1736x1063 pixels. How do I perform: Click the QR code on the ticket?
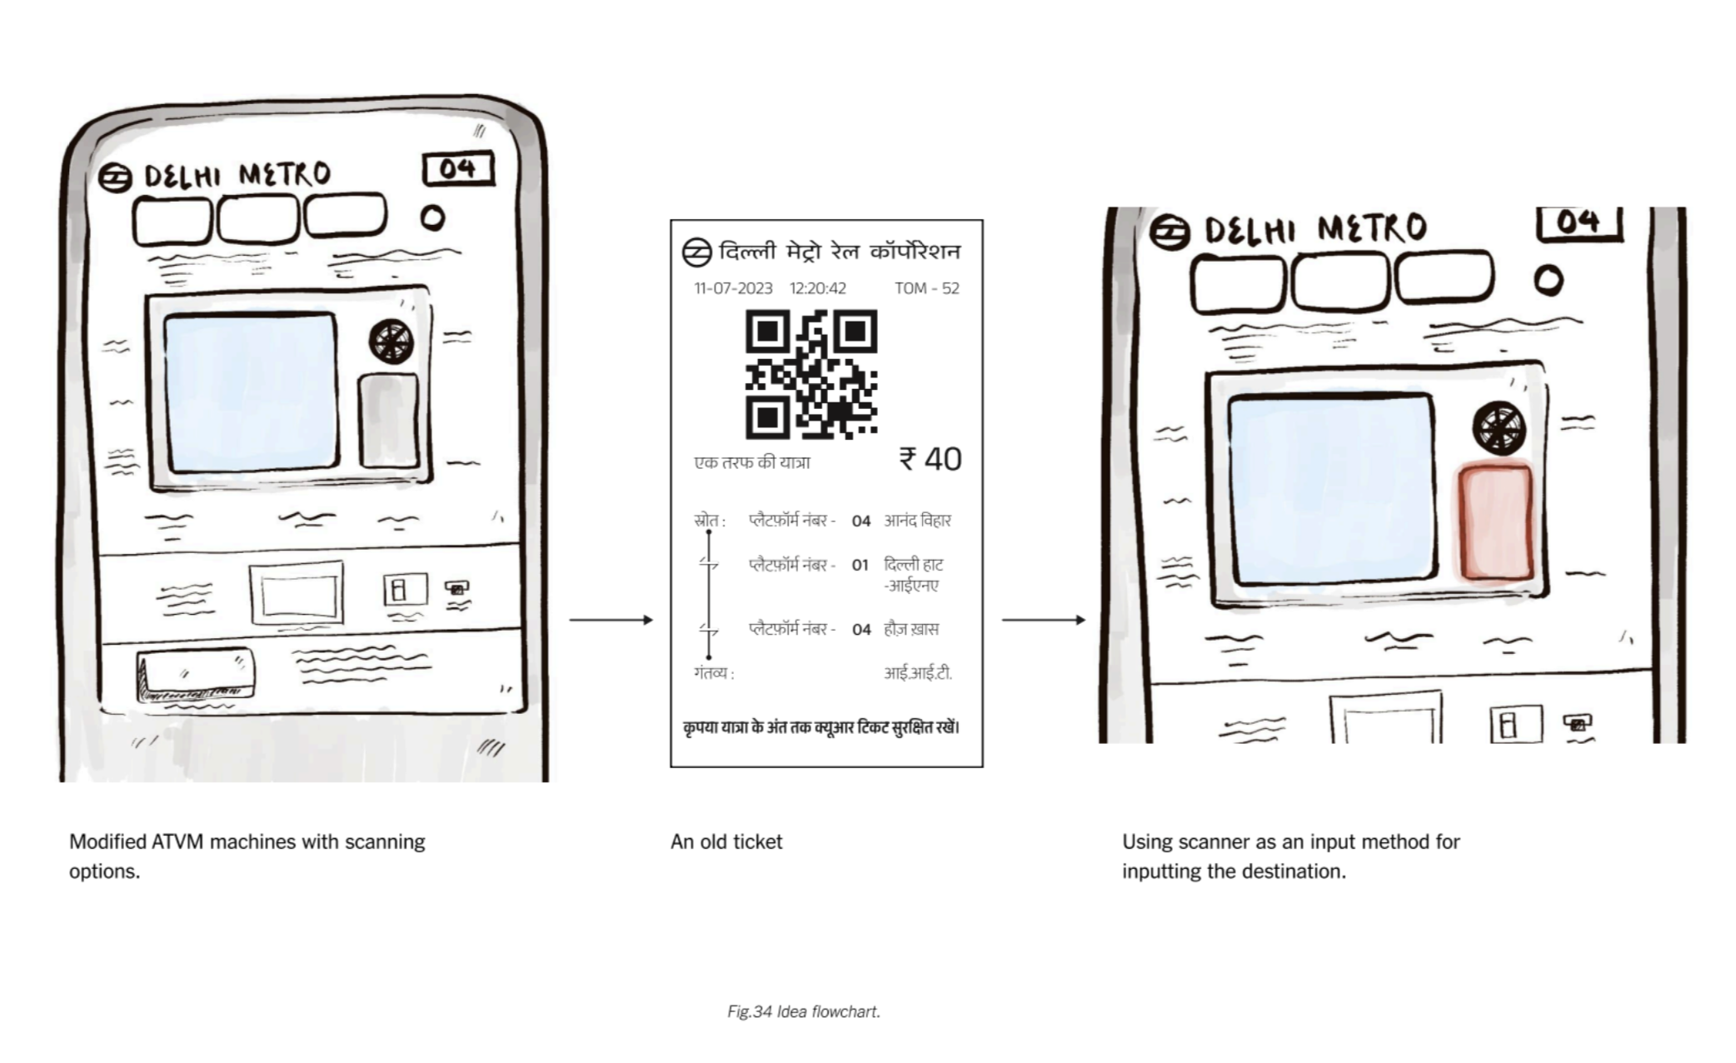811,374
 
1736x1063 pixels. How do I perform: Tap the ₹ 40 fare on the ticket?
930,459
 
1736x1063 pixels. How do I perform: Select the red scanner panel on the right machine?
1495,522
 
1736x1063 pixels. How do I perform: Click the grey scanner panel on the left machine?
388,421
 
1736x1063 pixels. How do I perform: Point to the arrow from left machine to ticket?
611,620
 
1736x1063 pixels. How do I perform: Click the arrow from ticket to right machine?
1044,620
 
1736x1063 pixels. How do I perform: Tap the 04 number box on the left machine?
458,169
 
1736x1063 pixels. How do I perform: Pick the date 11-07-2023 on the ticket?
733,288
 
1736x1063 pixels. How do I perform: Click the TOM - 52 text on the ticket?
927,288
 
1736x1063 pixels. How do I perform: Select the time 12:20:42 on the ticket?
818,288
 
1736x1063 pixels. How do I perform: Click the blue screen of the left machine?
251,392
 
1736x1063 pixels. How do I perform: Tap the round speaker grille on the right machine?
1499,428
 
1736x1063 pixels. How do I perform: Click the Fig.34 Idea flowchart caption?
804,1011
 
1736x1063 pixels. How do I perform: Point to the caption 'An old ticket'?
726,841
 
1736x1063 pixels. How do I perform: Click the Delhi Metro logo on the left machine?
115,177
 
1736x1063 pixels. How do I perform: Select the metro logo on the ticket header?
696,252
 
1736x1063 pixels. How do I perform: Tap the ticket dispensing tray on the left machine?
196,676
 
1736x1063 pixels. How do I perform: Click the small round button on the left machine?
432,218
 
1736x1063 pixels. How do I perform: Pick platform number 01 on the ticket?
861,565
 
